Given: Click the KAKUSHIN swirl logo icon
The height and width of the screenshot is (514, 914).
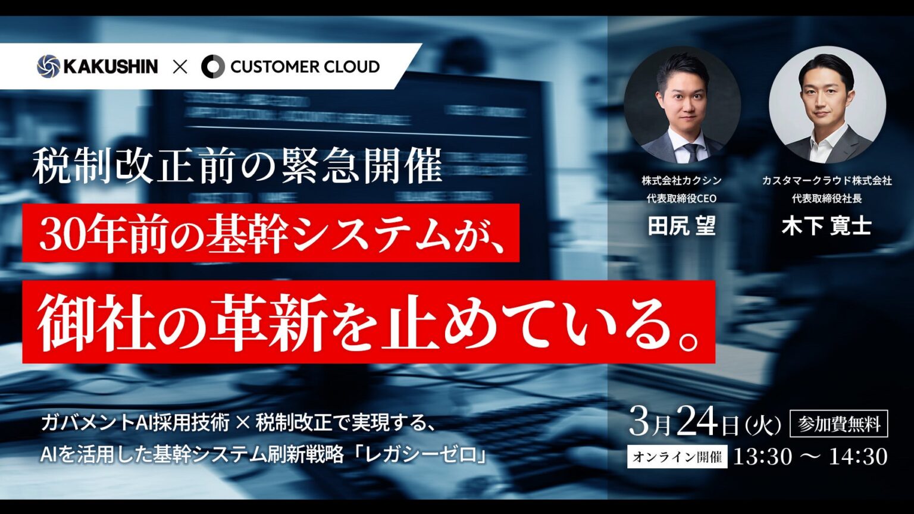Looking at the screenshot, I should coord(48,66).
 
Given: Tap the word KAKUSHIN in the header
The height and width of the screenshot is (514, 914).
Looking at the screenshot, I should coord(111,66).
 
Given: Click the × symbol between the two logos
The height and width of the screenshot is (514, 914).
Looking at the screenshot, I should coord(180,67).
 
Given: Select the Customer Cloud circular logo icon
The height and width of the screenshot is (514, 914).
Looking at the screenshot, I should coord(212,67).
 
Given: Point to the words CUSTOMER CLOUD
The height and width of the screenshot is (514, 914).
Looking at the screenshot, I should coord(305,67).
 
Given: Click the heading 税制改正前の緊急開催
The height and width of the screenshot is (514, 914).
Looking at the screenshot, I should coord(237,167).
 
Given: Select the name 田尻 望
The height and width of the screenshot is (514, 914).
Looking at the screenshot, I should coord(681,226).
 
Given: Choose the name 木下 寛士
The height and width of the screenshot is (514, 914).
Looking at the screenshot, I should coord(827,226).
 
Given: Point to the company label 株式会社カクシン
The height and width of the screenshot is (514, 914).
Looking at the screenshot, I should coord(681,180).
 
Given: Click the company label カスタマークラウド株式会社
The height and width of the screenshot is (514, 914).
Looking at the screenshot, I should coord(827,180).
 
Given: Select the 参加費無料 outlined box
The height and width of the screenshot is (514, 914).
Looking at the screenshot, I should coord(838,424).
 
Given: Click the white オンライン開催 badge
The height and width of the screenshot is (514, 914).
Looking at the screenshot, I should coord(677,457).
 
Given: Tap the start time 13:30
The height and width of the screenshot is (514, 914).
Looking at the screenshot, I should coord(762,457).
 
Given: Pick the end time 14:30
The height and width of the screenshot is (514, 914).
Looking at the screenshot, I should coord(858,457).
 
